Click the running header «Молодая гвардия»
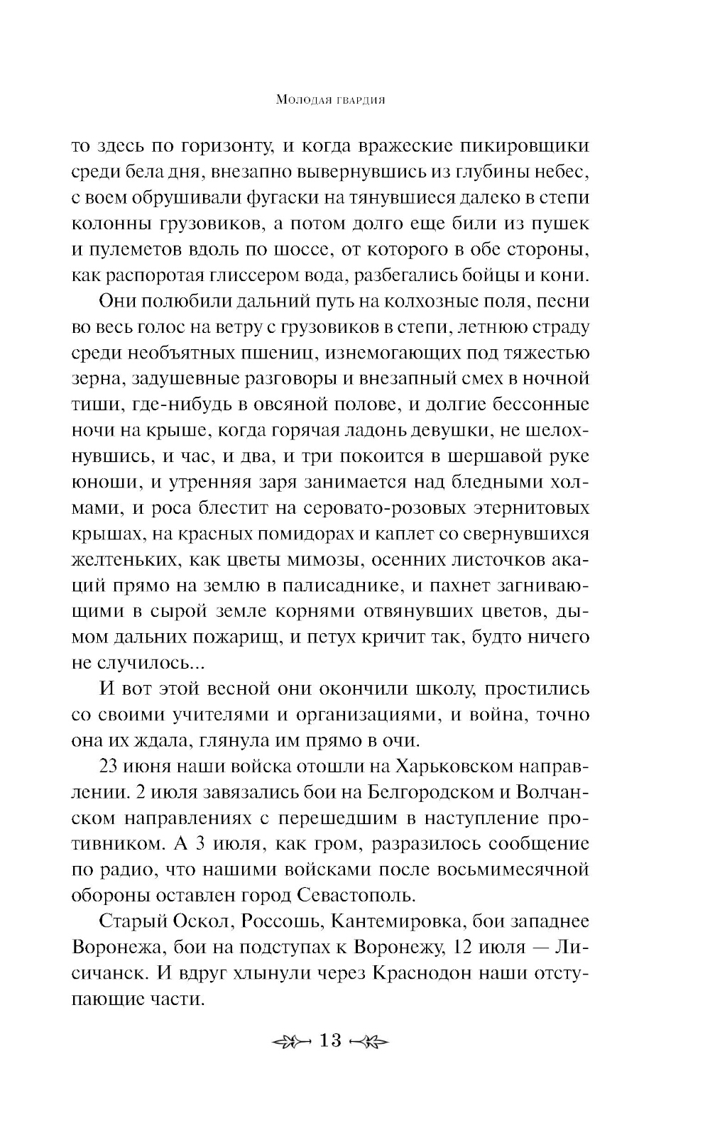(x=329, y=101)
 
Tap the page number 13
(x=331, y=1041)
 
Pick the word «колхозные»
(x=445, y=302)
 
